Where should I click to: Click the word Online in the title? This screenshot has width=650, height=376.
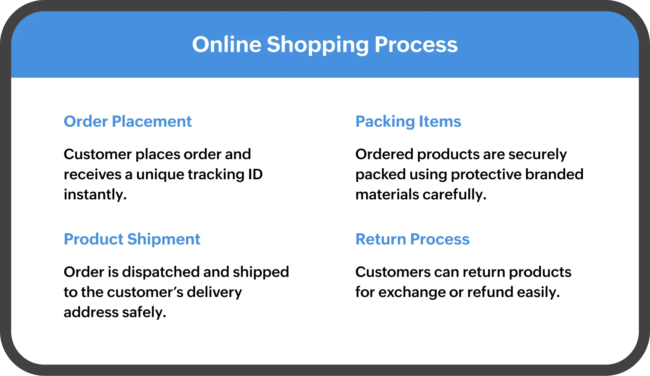[227, 44]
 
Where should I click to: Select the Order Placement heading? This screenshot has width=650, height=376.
[128, 121]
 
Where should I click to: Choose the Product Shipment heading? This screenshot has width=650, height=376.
[132, 240]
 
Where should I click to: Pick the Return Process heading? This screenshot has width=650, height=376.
[412, 239]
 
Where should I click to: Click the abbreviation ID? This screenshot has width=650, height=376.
[255, 174]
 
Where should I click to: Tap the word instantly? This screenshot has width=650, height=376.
[95, 195]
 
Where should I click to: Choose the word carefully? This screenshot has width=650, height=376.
[455, 195]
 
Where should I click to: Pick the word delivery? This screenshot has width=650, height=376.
[214, 293]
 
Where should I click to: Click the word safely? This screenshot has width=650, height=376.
[144, 313]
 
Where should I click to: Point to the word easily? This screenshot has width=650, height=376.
[538, 293]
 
